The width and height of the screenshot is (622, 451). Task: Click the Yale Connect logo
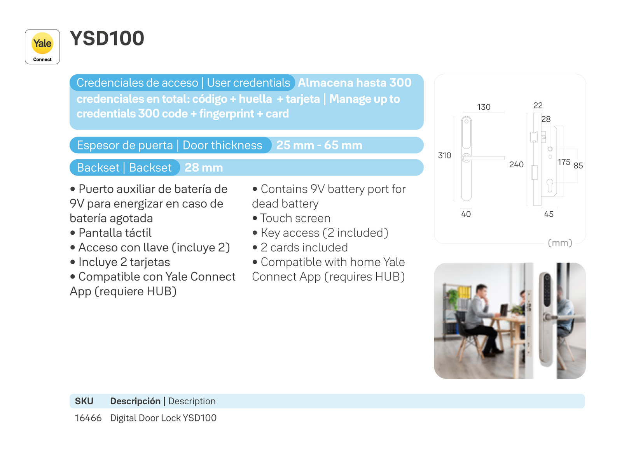click(42, 47)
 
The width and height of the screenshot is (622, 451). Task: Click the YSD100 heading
click(107, 38)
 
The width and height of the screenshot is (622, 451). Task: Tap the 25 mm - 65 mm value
click(319, 145)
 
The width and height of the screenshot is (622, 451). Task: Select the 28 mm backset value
click(204, 168)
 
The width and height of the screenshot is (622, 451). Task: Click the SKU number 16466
click(88, 418)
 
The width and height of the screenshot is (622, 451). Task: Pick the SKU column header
click(84, 401)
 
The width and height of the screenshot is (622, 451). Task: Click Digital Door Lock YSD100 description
click(163, 418)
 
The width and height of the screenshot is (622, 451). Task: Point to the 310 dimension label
click(444, 155)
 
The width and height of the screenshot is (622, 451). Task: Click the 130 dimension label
click(484, 107)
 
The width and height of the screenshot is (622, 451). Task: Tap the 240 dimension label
click(516, 165)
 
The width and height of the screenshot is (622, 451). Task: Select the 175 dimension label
click(564, 162)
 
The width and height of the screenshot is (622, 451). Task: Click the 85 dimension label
click(578, 166)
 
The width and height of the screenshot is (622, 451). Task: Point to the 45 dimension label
click(549, 214)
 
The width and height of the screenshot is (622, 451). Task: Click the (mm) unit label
click(560, 242)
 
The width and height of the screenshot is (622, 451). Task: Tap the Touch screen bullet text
click(291, 218)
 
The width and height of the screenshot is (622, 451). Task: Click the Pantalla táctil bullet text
click(110, 233)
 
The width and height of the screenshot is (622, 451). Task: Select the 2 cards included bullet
click(300, 247)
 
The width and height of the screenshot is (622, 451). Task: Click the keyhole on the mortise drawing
click(550, 185)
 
